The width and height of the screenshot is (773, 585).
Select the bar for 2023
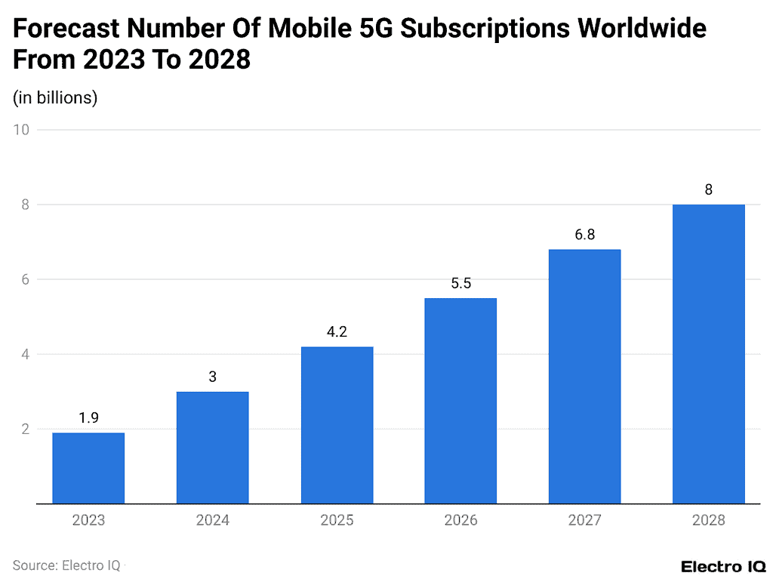tap(88, 468)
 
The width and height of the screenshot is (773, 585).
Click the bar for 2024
tap(212, 448)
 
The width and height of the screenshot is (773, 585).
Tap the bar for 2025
tap(337, 425)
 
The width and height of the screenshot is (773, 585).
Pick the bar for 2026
tap(460, 401)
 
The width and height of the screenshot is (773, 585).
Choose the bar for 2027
tap(584, 377)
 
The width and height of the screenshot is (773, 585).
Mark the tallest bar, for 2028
tap(708, 354)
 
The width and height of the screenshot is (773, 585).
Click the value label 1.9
tap(88, 417)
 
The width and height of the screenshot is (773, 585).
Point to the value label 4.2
tap(337, 331)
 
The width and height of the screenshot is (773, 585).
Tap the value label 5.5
tap(460, 283)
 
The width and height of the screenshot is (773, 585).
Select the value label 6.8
tap(584, 235)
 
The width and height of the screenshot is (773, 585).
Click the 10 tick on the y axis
tap(21, 130)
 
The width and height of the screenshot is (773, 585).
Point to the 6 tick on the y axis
tap(24, 279)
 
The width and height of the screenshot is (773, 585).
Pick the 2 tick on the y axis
tap(24, 429)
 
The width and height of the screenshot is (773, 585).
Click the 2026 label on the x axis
tap(460, 520)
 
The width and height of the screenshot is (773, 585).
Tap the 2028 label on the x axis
tap(708, 520)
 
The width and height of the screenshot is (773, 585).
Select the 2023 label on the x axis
tap(88, 520)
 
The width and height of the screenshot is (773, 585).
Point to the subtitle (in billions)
tap(55, 97)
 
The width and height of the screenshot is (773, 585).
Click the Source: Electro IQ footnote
tap(66, 565)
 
